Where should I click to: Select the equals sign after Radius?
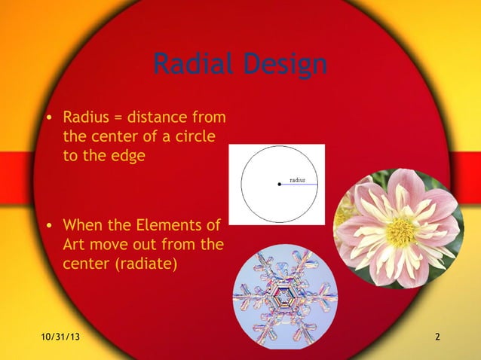(120, 118)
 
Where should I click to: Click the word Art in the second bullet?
(75, 245)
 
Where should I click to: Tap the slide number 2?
(437, 335)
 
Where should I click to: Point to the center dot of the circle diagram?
(279, 184)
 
